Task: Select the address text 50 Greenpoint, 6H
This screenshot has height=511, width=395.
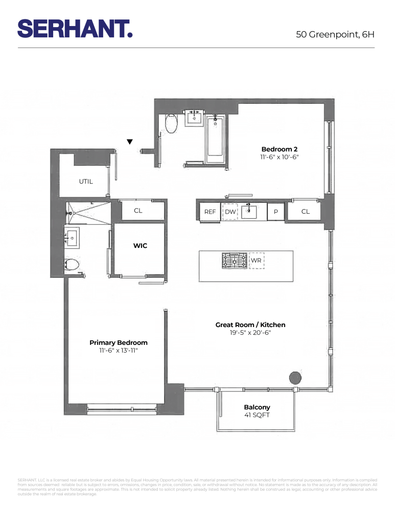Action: point(335,35)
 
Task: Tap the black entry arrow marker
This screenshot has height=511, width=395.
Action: point(130,142)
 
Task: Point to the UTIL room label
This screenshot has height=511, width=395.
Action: point(86,181)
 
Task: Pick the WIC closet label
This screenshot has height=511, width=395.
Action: point(140,246)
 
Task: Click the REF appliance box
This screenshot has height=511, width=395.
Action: point(210,212)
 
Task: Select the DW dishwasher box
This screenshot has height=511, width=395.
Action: point(230,212)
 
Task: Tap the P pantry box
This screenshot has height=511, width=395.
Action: point(275,212)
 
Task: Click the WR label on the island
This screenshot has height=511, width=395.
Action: point(256,261)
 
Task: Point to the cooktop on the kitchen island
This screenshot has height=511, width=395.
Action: point(234,261)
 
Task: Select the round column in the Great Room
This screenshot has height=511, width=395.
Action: point(295,378)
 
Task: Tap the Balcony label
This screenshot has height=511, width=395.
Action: point(257,407)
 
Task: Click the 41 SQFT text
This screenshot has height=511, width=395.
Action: point(257,415)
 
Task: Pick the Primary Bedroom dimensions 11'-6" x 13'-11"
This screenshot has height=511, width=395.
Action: point(118,351)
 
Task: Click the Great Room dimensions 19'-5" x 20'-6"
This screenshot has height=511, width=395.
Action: point(250,333)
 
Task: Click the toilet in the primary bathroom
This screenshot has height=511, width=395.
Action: point(73,265)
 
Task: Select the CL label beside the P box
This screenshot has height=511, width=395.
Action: point(305,212)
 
